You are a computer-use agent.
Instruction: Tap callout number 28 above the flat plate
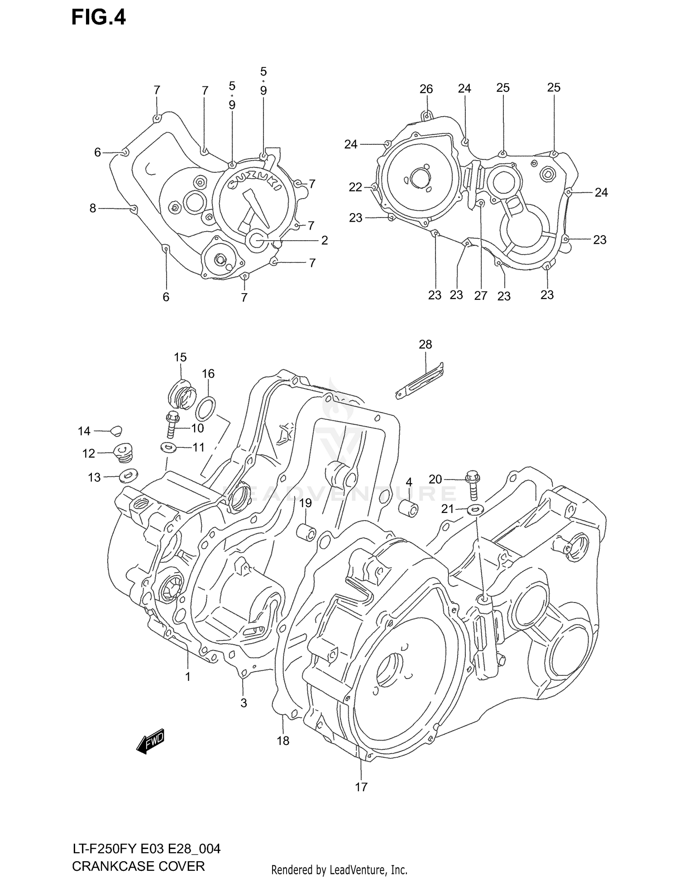425,344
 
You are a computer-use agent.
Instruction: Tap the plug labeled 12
123,452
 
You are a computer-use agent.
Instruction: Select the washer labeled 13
129,475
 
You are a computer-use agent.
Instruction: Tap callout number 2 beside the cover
324,240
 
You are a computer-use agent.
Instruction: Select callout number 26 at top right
426,89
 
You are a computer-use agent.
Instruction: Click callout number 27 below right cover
480,295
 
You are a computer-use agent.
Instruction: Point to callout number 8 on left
92,208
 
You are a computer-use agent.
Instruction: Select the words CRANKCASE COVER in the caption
138,866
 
